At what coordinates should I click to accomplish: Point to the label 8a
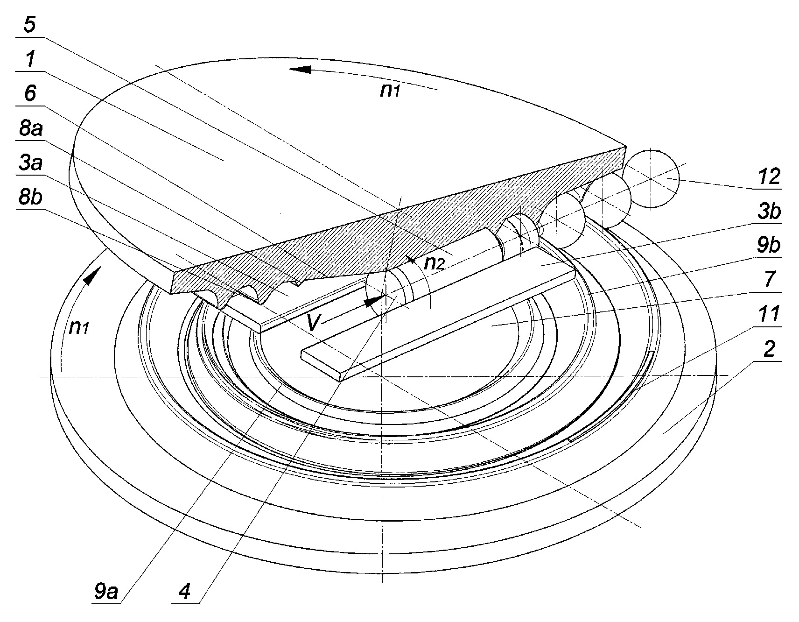pyautogui.click(x=30, y=128)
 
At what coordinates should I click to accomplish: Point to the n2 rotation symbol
pyautogui.click(x=433, y=264)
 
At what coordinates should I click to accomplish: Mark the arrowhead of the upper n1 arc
pyautogui.click(x=299, y=70)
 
